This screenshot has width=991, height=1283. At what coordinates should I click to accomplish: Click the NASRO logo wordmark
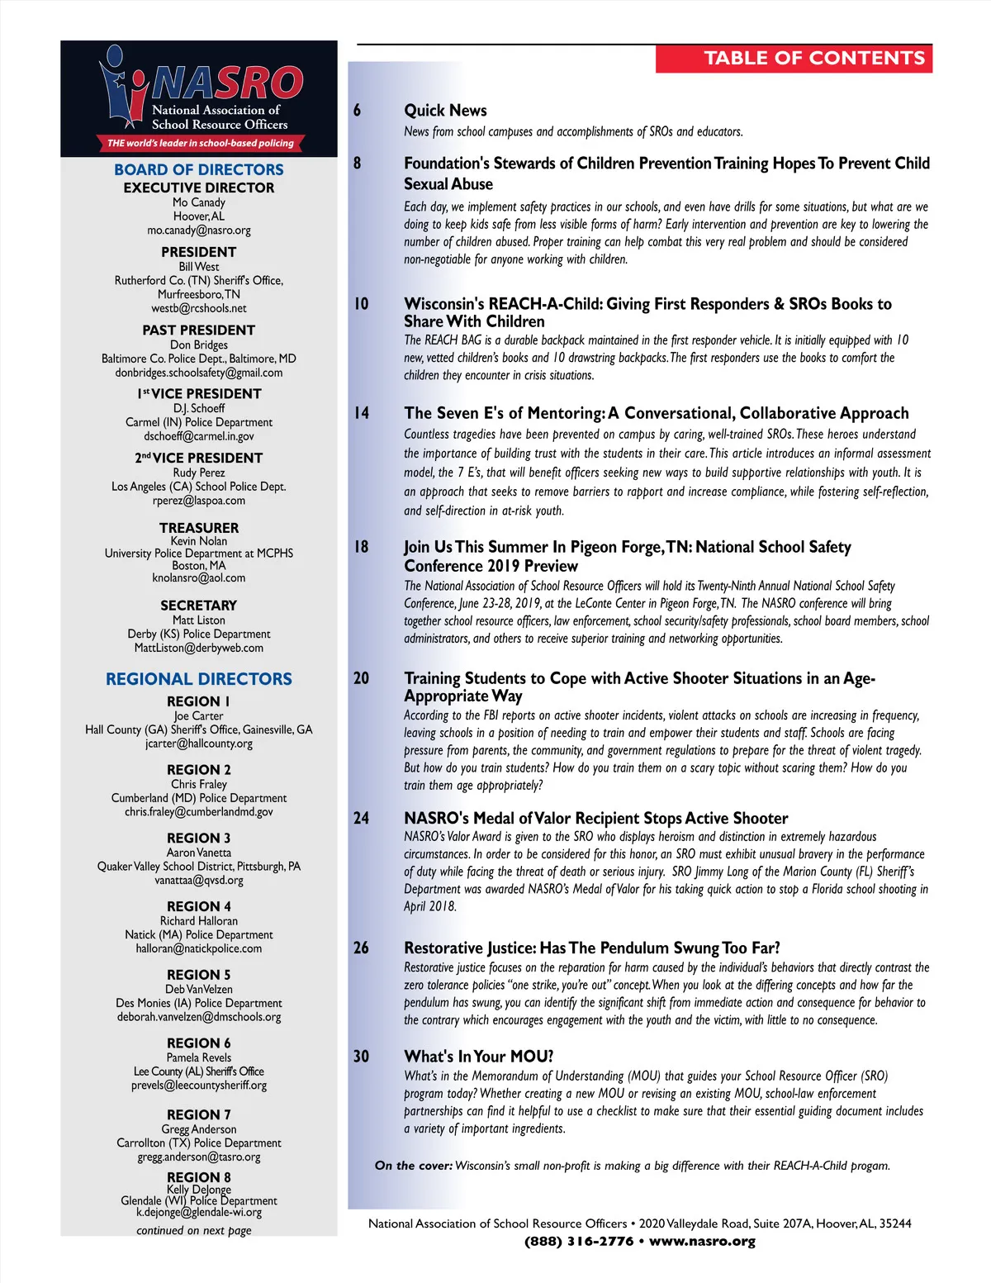point(227,83)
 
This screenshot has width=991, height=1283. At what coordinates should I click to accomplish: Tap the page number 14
point(362,413)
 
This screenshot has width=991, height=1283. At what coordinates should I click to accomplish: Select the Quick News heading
point(445,111)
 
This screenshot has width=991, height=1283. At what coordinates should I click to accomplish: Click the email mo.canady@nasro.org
point(199,230)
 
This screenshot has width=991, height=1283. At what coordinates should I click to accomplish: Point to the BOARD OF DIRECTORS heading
point(199,169)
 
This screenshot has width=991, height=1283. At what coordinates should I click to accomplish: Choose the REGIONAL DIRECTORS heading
point(199,679)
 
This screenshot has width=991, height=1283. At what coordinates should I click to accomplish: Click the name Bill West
point(199,267)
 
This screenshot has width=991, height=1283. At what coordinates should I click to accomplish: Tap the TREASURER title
point(199,528)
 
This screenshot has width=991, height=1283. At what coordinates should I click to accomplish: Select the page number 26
point(362,948)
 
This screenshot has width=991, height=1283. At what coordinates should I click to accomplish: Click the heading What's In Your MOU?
point(479,1057)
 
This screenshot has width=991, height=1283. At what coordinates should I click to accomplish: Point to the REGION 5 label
point(199,975)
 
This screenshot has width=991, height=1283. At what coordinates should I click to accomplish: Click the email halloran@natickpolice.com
point(199,948)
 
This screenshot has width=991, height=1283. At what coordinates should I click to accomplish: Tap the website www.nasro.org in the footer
point(702,1241)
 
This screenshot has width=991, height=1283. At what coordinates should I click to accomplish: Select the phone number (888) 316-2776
point(579,1241)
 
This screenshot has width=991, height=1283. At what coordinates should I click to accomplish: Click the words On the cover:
point(413,1166)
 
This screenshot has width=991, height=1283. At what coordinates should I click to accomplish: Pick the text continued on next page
point(194,1230)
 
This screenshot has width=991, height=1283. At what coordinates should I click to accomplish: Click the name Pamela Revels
point(199,1057)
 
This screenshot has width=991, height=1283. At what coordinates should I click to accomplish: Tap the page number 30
point(362,1057)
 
